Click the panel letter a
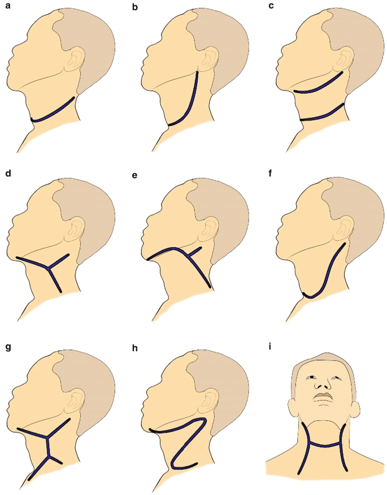pyautogui.click(x=7, y=8)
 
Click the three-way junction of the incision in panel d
pyautogui.click(x=50, y=269)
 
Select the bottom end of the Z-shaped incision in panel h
pyautogui.click(x=195, y=464)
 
